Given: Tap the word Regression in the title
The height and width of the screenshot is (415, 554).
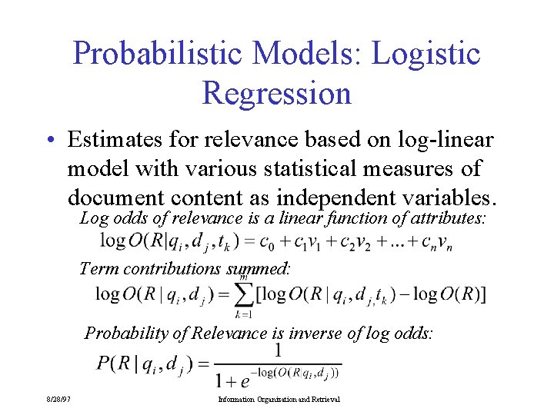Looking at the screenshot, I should coord(276,93).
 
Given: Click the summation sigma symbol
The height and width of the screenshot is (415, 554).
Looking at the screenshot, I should coord(244,294).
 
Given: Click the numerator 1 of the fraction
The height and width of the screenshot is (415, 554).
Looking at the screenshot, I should coord(278,350).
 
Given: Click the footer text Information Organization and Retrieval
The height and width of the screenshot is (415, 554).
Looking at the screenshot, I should coord(279,400).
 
